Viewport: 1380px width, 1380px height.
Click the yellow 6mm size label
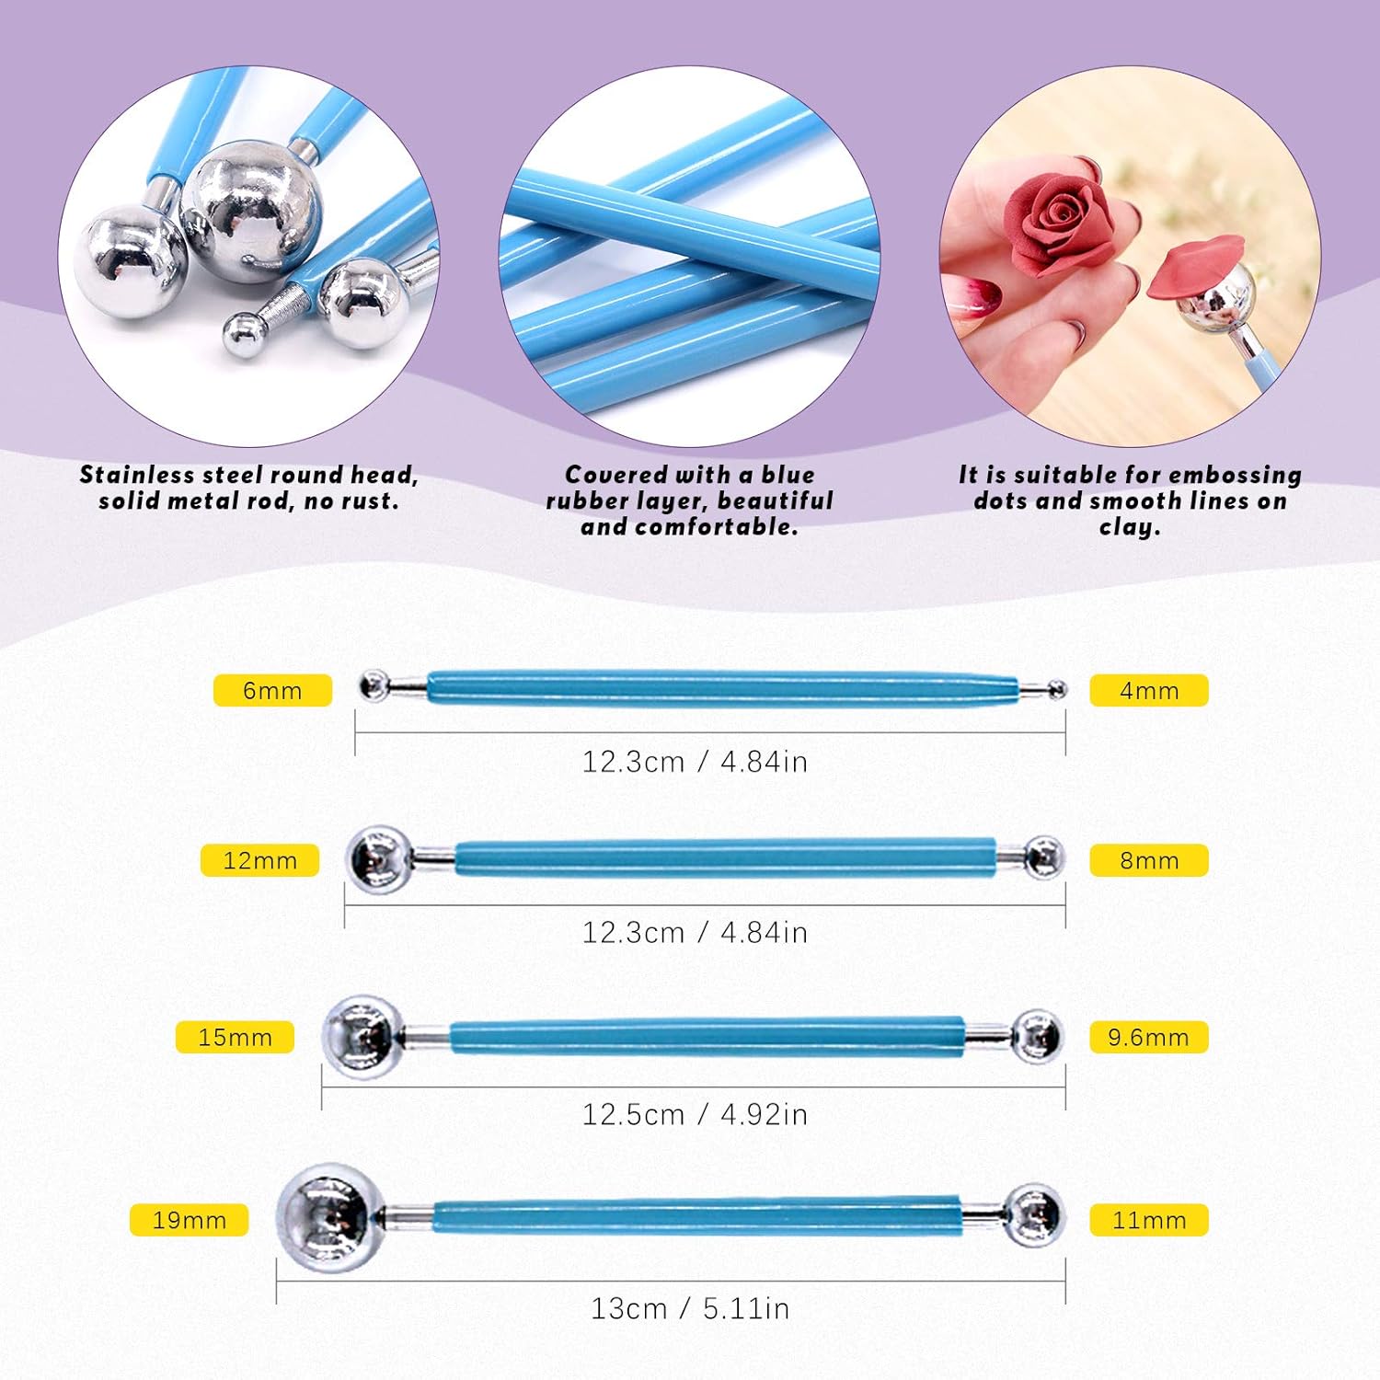pyautogui.click(x=272, y=690)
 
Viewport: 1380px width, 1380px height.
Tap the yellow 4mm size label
pyautogui.click(x=1149, y=690)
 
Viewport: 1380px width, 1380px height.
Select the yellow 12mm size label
pyautogui.click(x=259, y=860)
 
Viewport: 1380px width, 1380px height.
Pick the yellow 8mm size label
pyautogui.click(x=1149, y=860)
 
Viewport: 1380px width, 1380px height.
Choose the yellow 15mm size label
pyautogui.click(x=235, y=1037)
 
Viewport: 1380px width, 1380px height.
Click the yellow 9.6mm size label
pyautogui.click(x=1149, y=1037)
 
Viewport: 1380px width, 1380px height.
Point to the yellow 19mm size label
pyautogui.click(x=189, y=1220)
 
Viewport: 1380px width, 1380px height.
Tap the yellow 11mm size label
pyautogui.click(x=1149, y=1220)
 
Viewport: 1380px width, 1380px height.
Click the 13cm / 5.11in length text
pyautogui.click(x=690, y=1308)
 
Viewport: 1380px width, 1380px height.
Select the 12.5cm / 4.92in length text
pyautogui.click(x=695, y=1114)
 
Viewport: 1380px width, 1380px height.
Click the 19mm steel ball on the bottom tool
pyautogui.click(x=330, y=1218)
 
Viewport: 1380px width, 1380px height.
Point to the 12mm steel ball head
pyautogui.click(x=378, y=859)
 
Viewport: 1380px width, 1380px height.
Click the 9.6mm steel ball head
pyautogui.click(x=1037, y=1037)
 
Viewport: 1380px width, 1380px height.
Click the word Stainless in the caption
pyautogui.click(x=137, y=475)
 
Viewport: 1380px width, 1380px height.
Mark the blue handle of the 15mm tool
pyautogui.click(x=707, y=1036)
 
